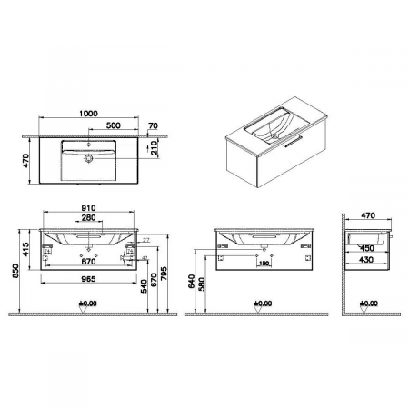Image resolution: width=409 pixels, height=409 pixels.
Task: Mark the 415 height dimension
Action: pos(26,249)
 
